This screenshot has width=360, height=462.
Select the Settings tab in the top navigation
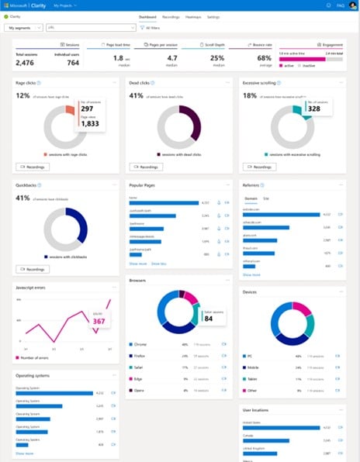pos(213,16)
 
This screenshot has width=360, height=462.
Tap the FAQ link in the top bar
pos(340,5)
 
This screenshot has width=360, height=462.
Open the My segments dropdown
pos(23,27)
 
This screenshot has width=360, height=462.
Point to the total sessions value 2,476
pos(26,61)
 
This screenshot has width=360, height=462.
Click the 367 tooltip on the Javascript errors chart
pos(99,320)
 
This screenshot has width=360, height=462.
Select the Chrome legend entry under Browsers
pos(143,343)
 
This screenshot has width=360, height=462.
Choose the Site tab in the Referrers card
pos(266,199)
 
